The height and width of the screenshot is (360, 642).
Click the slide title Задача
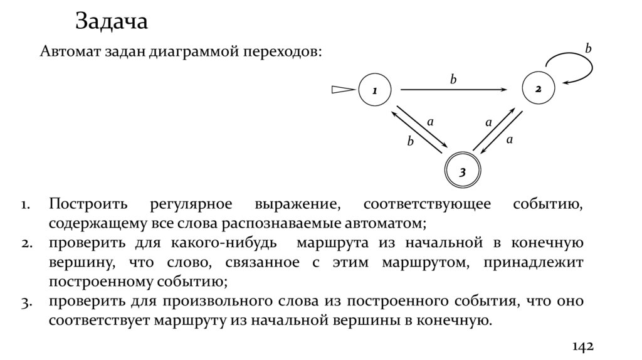pos(112,21)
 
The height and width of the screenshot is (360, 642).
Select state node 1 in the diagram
pos(374,90)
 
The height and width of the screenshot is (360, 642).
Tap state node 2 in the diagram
pos(538,90)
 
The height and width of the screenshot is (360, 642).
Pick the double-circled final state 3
pos(462,171)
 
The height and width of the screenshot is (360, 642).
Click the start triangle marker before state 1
pos(343,90)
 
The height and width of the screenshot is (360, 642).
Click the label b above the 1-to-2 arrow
pos(453,79)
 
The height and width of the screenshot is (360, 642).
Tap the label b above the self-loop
pos(588,48)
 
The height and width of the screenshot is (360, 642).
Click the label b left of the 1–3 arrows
pos(411,142)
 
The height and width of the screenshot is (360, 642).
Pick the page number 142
pos(582,347)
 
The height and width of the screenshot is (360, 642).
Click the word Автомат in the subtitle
pos(67,51)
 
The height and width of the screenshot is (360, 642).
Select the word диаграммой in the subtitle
pos(188,51)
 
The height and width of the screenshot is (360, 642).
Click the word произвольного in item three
pos(205,302)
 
